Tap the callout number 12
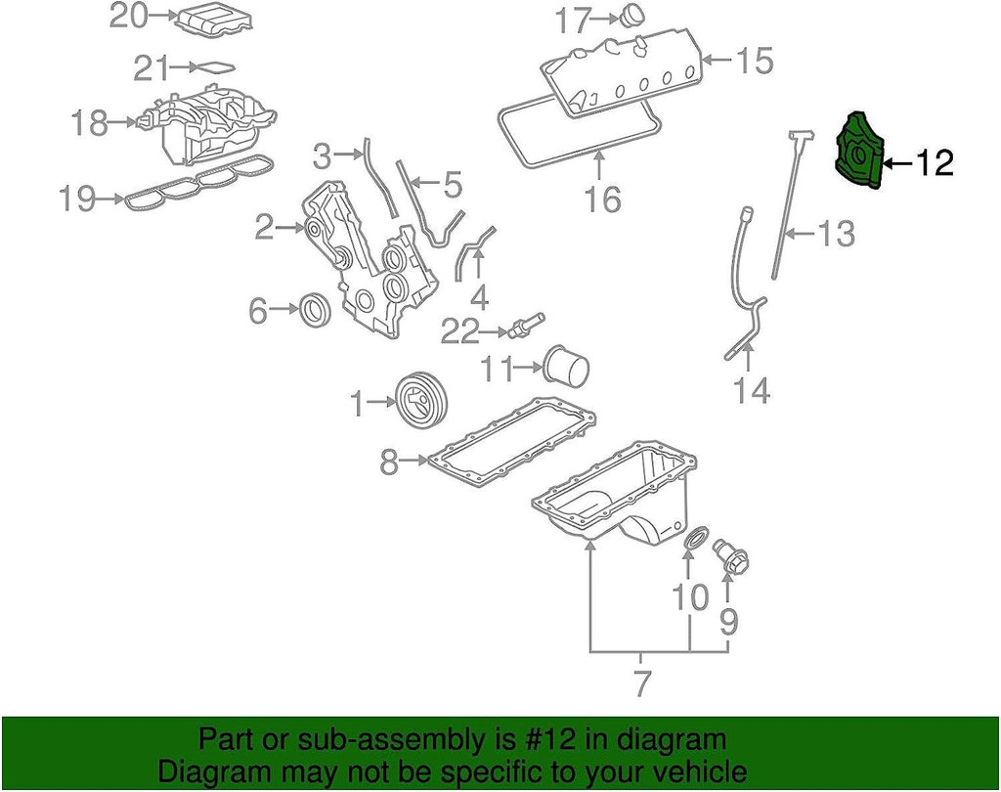(x=935, y=163)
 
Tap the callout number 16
(x=604, y=199)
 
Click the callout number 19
(x=77, y=199)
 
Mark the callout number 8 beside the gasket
(x=389, y=461)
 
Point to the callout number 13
(x=835, y=233)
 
